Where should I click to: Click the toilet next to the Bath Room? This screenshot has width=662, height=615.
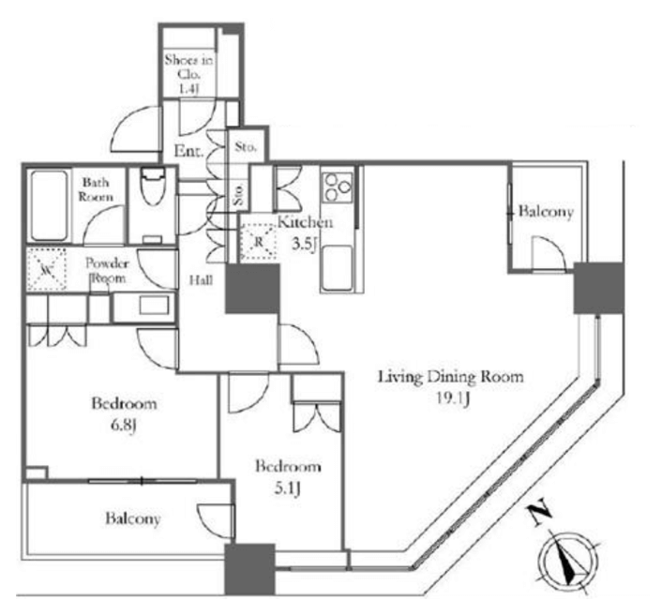point(152,187)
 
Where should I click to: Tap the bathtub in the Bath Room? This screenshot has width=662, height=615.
point(49,205)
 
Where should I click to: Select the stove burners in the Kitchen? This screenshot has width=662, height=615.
point(338,187)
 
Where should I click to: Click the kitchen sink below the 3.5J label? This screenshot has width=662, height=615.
point(338,267)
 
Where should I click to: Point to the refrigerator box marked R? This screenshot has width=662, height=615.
point(258,242)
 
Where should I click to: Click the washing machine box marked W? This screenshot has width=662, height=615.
point(47,269)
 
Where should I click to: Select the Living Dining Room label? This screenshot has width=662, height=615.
point(450,377)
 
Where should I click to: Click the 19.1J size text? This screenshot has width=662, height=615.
point(453,398)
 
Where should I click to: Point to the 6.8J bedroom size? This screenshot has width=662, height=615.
point(123,426)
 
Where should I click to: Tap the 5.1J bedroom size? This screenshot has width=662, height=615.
point(288,488)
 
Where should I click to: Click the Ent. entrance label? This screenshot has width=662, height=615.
point(188,151)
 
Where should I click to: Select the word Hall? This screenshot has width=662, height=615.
point(201,280)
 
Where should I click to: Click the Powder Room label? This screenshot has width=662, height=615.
point(106,271)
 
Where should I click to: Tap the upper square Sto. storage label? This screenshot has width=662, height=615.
point(246,147)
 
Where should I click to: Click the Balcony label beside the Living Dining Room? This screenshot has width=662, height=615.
point(546,212)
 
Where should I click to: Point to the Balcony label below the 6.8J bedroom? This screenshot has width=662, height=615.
point(133,518)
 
